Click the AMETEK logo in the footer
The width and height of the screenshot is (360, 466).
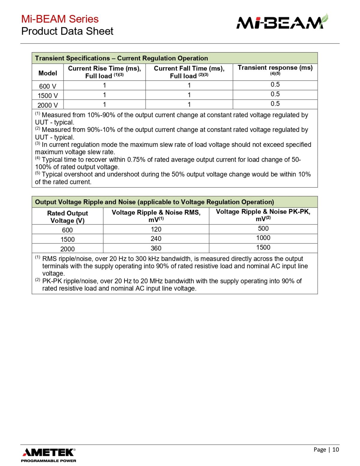pos(48,454)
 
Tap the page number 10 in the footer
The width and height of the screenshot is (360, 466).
pos(335,449)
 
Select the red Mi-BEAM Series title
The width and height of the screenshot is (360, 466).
pos(60,19)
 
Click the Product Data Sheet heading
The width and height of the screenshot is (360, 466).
pos(67,31)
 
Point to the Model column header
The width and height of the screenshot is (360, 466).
pos(48,73)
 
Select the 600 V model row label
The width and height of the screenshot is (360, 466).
pos(48,86)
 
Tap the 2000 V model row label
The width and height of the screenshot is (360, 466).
pos(48,105)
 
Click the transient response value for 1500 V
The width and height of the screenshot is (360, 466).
pos(275,94)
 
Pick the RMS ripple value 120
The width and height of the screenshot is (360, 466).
pos(156,229)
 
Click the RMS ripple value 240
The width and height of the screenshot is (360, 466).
pos(156,239)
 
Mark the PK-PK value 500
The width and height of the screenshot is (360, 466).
pos(263,228)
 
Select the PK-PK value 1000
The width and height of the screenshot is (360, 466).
pos(263,238)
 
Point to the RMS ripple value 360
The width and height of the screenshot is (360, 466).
pos(156,248)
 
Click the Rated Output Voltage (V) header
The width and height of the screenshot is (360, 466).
pos(67,217)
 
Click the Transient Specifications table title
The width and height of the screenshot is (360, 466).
pos(121,58)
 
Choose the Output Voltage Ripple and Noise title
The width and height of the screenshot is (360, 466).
pos(154,202)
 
